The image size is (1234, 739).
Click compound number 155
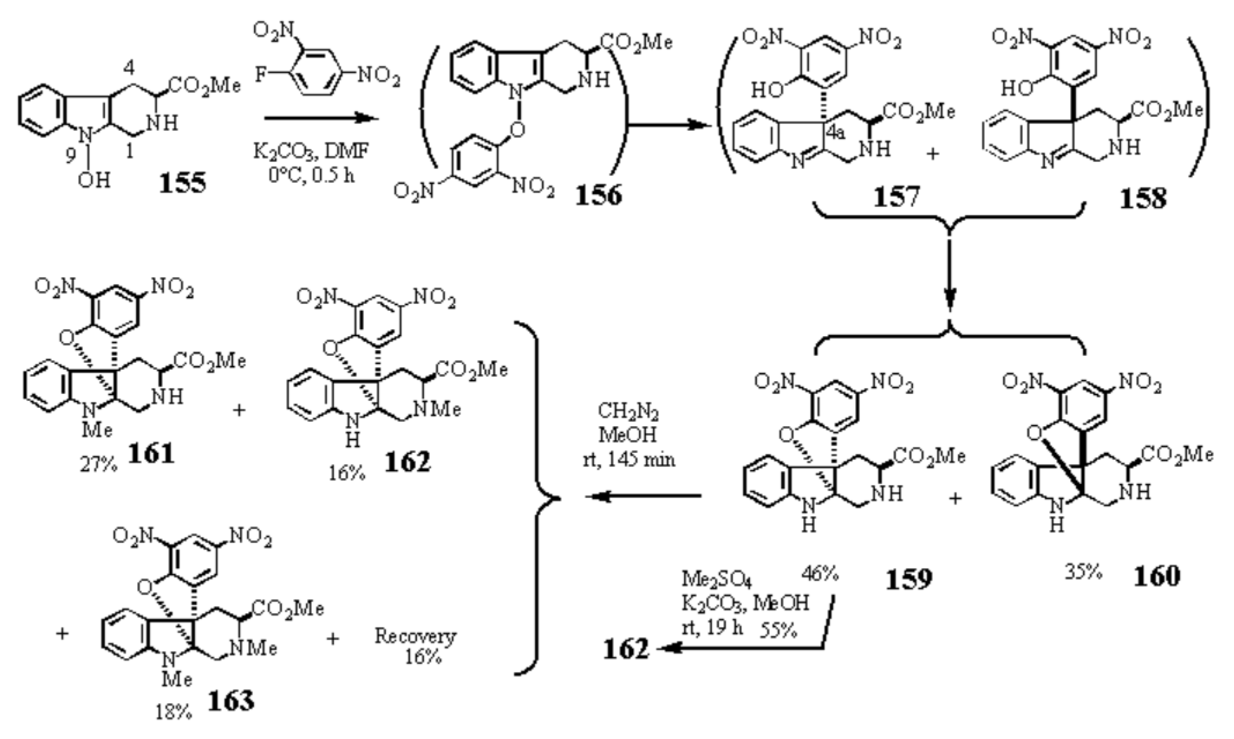[182, 184]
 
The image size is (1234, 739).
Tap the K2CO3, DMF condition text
[312, 151]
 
